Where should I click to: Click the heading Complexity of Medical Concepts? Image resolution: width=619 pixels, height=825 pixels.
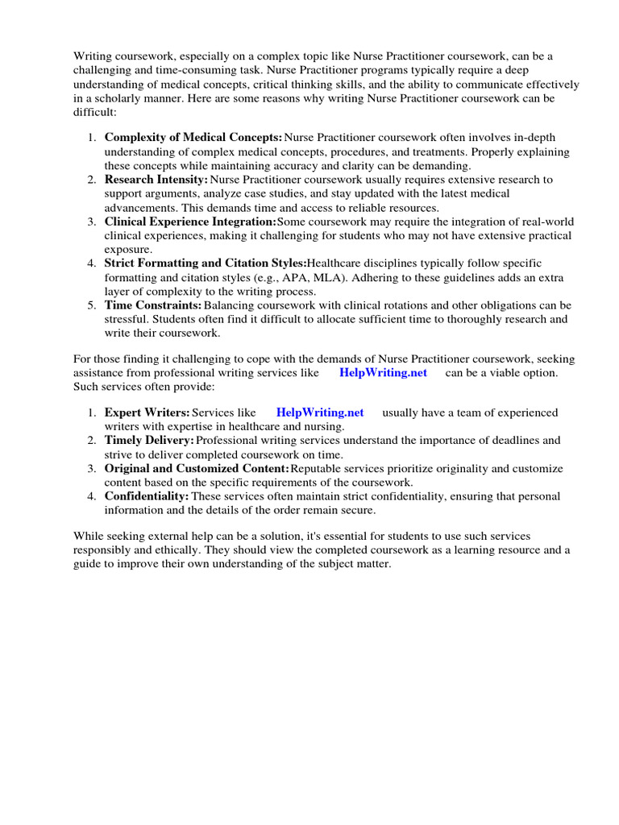click(193, 138)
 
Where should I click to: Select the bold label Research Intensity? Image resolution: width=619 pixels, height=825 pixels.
click(156, 180)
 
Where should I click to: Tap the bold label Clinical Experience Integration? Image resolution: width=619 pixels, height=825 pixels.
click(190, 222)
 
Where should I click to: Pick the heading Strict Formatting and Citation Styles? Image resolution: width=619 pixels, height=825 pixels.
click(206, 263)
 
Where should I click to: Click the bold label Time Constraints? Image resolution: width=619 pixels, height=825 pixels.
click(153, 305)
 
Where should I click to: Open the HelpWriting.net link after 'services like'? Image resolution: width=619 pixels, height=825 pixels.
click(383, 373)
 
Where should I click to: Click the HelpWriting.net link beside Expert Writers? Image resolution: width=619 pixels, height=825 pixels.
click(320, 412)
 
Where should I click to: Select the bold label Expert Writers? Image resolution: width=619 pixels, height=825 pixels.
click(147, 412)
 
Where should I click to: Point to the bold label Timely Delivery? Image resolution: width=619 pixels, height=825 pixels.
click(150, 441)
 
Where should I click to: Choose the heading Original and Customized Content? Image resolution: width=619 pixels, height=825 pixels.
click(197, 468)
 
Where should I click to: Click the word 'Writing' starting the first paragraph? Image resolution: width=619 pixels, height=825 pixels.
click(93, 56)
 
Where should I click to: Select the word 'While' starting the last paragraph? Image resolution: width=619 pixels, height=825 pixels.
click(89, 536)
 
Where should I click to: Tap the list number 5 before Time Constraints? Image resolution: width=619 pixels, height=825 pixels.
click(91, 305)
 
